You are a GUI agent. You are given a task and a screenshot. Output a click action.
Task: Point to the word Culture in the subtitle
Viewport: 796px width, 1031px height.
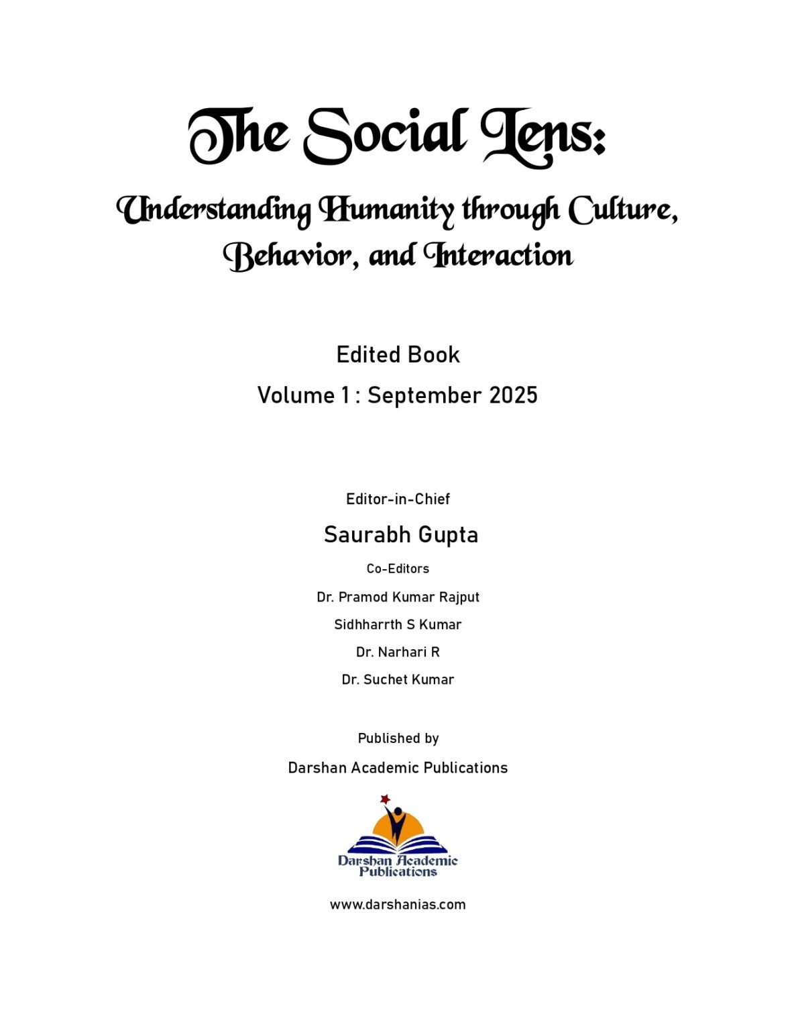pyautogui.click(x=622, y=209)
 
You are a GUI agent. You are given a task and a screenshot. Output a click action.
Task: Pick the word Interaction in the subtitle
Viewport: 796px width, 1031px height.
pyautogui.click(x=498, y=256)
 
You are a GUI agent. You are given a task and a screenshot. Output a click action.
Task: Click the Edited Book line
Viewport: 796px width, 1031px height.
pyautogui.click(x=398, y=354)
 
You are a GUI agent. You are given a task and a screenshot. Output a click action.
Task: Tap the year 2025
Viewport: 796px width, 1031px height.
pyautogui.click(x=513, y=395)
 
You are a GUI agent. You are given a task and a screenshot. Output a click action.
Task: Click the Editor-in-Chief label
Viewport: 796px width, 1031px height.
pyautogui.click(x=398, y=499)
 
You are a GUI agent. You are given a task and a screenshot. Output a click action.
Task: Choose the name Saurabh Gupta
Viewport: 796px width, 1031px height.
pyautogui.click(x=400, y=534)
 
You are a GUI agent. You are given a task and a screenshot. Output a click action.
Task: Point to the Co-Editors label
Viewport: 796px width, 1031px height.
pyautogui.click(x=398, y=569)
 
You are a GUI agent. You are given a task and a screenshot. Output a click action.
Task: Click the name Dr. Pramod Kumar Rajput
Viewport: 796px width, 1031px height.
pyautogui.click(x=398, y=597)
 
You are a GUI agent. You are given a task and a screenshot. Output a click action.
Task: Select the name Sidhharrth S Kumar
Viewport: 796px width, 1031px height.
pyautogui.click(x=398, y=624)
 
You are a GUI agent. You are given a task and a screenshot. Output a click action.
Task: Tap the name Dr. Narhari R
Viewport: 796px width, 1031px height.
pyautogui.click(x=398, y=652)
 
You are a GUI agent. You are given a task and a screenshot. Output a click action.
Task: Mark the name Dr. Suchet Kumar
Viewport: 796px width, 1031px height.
pyautogui.click(x=398, y=679)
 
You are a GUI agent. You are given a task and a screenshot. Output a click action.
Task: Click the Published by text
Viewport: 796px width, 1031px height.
pyautogui.click(x=398, y=738)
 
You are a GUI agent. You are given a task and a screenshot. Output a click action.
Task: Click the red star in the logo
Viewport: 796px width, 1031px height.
pyautogui.click(x=385, y=799)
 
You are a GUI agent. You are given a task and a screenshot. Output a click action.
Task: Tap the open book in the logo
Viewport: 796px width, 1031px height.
pyautogui.click(x=398, y=844)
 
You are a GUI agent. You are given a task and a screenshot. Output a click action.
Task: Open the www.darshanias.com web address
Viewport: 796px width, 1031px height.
pyautogui.click(x=398, y=904)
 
